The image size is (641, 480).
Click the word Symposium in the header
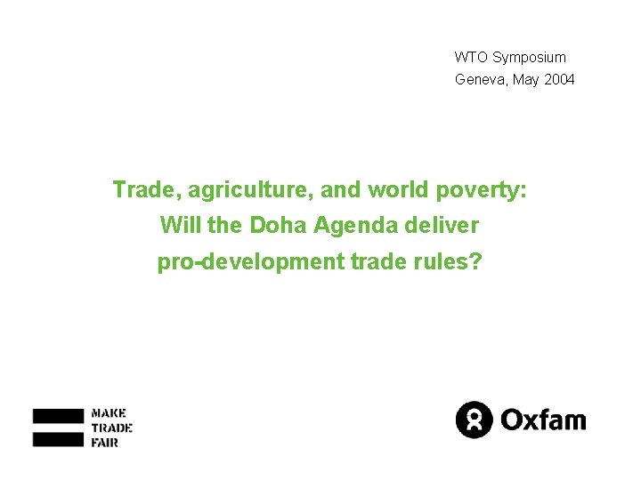point(529,57)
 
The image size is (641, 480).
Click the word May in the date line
point(525,79)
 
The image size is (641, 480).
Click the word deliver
point(442,226)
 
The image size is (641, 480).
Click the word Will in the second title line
point(180,226)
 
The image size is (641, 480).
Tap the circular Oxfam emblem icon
point(474,420)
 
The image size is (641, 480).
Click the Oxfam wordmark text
point(544,419)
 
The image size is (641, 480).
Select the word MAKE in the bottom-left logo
point(110,413)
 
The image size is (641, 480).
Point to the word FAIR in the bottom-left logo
point(105,442)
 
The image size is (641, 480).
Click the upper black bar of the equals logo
point(59,416)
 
